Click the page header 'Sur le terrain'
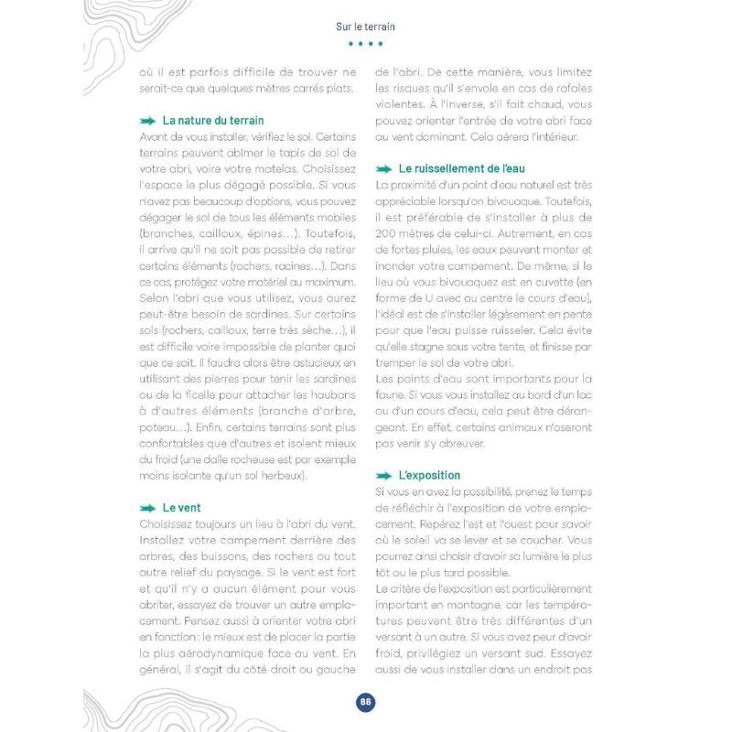click(x=365, y=27)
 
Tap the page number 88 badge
click(x=365, y=702)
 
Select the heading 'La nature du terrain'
click(x=213, y=120)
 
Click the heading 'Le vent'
click(x=181, y=507)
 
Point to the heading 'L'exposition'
click(x=429, y=475)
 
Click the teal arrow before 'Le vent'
click(x=146, y=508)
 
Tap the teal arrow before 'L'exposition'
click(x=384, y=476)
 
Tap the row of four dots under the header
click(x=365, y=44)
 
